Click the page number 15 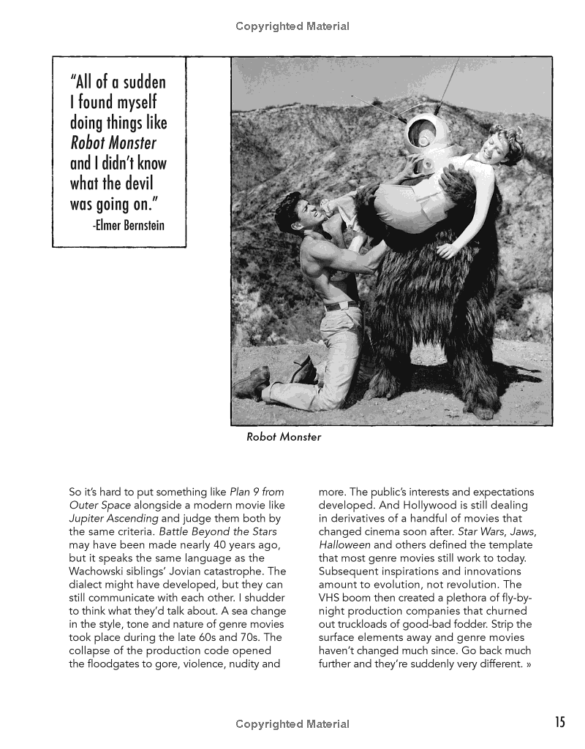(x=560, y=723)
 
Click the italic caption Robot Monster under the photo (x=284, y=437)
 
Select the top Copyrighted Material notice (x=292, y=26)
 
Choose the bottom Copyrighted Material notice (x=292, y=724)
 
